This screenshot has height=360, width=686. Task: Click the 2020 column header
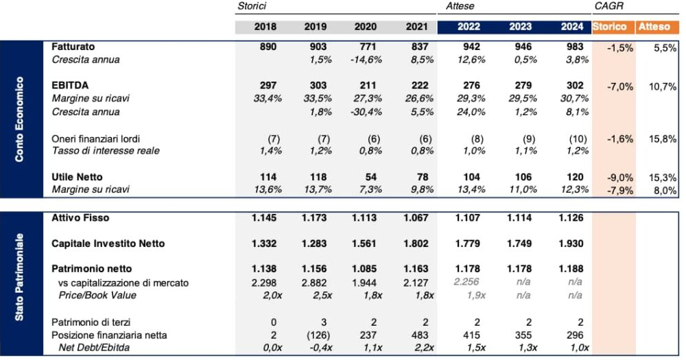click(x=366, y=27)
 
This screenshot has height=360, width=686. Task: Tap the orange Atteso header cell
click(x=657, y=27)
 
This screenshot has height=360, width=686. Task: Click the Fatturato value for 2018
click(x=268, y=47)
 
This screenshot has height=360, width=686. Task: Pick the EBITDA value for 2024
click(x=575, y=85)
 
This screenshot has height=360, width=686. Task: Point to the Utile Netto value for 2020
click(x=370, y=177)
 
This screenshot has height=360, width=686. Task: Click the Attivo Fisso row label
click(x=80, y=218)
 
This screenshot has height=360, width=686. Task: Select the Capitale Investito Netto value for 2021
click(x=415, y=243)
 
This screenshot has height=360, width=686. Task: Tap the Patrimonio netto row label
click(x=91, y=269)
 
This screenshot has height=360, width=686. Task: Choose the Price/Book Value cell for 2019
click(x=322, y=296)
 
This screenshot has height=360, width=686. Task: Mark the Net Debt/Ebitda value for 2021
click(x=425, y=348)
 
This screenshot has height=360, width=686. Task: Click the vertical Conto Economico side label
click(x=19, y=119)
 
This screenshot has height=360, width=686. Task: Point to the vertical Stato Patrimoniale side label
click(x=19, y=277)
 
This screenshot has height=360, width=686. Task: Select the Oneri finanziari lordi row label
click(x=96, y=139)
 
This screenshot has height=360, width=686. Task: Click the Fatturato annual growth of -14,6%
click(x=366, y=60)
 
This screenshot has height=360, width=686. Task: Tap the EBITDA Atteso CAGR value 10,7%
click(x=663, y=86)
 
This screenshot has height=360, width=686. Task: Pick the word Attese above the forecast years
click(x=460, y=6)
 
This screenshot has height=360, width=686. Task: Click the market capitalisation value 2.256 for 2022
click(x=466, y=282)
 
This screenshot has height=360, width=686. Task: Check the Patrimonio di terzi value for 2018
click(x=274, y=323)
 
